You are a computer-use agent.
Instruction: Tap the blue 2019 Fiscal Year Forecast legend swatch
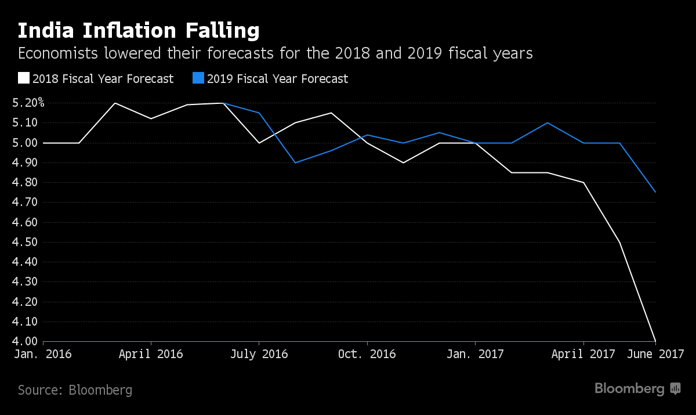198,78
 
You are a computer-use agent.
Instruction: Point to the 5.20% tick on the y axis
28,103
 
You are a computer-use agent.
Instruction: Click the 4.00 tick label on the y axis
24,341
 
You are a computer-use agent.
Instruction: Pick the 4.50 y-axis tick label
24,242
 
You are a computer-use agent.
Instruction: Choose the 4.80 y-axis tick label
24,182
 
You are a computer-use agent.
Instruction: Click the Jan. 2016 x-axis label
42,354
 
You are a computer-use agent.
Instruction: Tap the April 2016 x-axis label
151,354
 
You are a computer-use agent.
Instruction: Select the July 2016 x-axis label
259,354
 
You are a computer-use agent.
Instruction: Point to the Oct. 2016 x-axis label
367,354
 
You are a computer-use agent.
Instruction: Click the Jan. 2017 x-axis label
475,354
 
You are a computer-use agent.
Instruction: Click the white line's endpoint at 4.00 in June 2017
655,341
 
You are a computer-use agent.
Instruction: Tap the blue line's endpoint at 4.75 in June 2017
655,192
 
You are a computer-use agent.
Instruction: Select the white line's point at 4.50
619,242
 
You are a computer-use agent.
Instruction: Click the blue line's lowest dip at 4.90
295,163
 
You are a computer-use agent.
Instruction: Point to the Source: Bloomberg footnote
75,389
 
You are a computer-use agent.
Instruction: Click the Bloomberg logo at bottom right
637,389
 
